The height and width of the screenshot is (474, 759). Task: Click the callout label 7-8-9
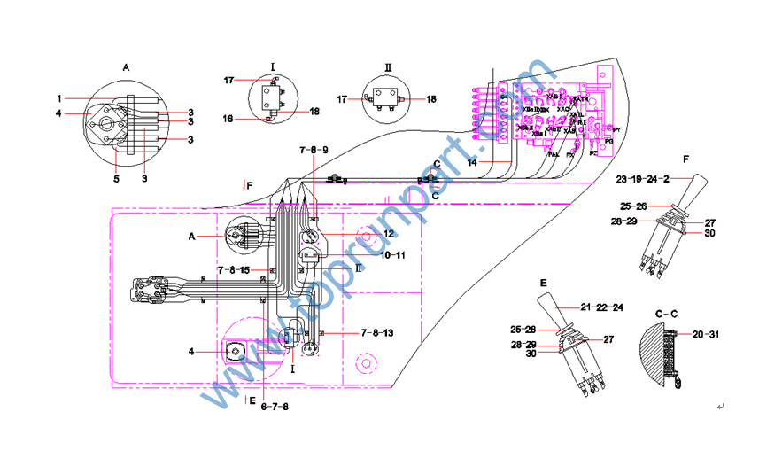click(x=314, y=151)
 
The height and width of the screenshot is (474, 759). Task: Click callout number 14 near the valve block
click(x=472, y=163)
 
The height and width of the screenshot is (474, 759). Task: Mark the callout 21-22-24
click(x=603, y=307)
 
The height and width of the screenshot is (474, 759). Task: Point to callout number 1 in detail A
click(x=60, y=97)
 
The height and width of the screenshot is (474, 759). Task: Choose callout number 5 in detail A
click(x=114, y=155)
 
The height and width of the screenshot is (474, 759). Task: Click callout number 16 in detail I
click(x=228, y=117)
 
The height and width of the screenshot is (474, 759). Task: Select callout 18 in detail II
click(x=431, y=98)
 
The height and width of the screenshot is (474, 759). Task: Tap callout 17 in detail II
click(x=342, y=98)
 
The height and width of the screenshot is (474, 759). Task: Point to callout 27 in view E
click(x=608, y=339)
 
